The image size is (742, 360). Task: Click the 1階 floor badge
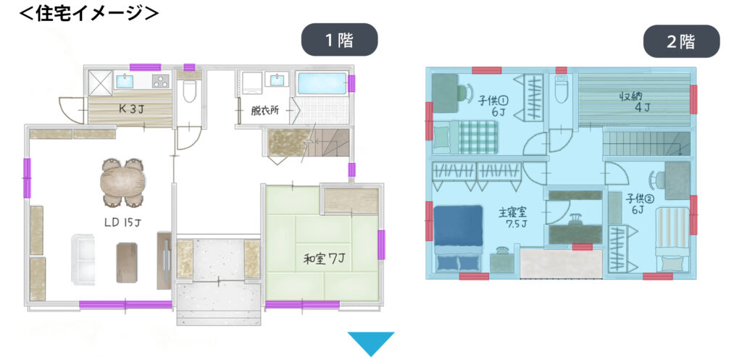tap(339, 40)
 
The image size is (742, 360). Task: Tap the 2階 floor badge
tap(681, 41)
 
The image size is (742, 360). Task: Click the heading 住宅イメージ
tap(88, 12)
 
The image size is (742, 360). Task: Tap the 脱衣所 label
tap(265, 111)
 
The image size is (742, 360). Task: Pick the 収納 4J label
tap(635, 101)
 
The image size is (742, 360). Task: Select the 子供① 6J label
tap(493, 105)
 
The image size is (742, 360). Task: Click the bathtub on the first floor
tap(322, 84)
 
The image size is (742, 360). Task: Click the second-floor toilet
tap(562, 90)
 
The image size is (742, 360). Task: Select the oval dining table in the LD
tap(122, 183)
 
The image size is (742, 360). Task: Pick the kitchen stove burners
tap(161, 81)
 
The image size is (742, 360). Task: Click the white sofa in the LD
tap(83, 259)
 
